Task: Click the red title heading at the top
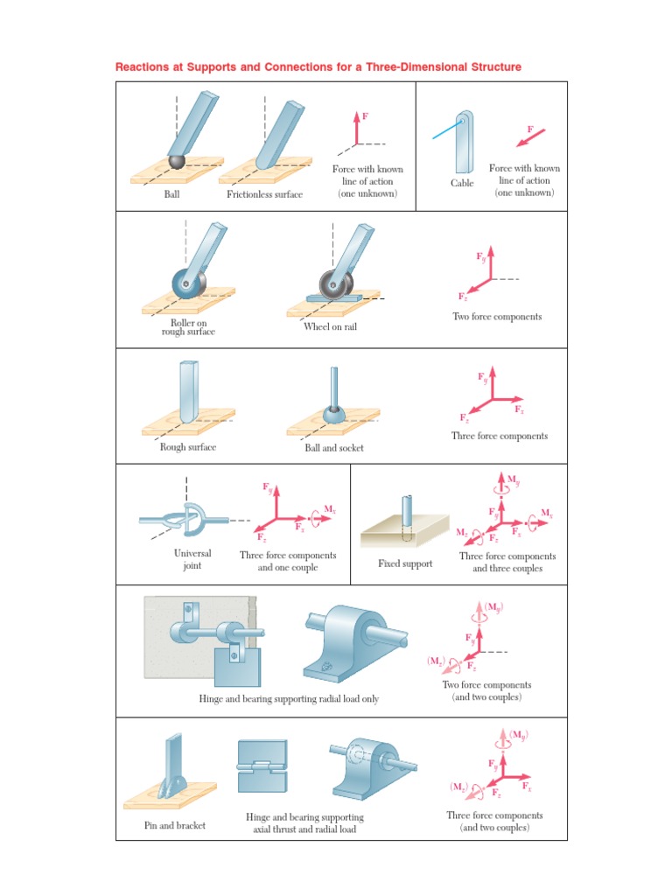click(318, 67)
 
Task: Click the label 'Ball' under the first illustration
click(171, 194)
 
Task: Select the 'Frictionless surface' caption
click(264, 194)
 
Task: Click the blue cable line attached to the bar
click(444, 130)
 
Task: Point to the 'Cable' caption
click(462, 183)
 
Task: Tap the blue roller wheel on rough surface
click(187, 284)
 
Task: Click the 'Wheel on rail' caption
click(330, 327)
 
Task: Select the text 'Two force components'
click(497, 317)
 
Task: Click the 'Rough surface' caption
click(187, 447)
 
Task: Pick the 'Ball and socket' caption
click(334, 448)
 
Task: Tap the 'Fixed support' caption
click(405, 563)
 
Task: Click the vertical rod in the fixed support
click(407, 514)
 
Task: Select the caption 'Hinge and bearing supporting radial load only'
click(289, 699)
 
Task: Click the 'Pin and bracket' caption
click(175, 825)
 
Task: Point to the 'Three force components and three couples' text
click(507, 562)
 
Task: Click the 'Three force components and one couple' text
click(288, 561)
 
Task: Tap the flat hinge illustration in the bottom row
click(262, 766)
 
